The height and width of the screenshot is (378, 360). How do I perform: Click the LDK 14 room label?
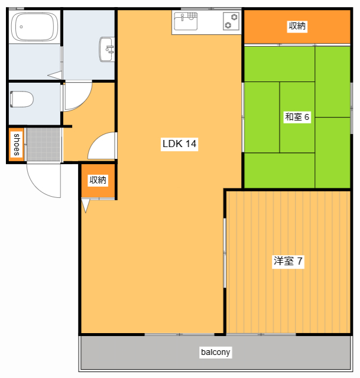pos(179,144)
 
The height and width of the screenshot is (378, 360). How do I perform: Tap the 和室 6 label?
pos(297,117)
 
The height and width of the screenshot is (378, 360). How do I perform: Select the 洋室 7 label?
pos(288,261)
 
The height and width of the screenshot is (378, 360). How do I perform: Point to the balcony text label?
pos(215,352)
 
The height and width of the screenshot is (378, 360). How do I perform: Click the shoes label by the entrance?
pos(17,145)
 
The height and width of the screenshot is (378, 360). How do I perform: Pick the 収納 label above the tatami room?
pos(297,26)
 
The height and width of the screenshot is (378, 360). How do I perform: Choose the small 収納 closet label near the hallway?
pos(98,180)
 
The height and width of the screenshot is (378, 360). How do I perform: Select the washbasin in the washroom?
pos(108,48)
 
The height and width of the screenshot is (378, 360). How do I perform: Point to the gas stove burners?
pos(231,22)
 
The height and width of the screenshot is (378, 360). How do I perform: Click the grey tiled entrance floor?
pos(43,144)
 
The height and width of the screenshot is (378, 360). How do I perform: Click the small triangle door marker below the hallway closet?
pos(86,206)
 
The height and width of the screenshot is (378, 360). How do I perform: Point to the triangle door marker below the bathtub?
pos(54,75)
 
